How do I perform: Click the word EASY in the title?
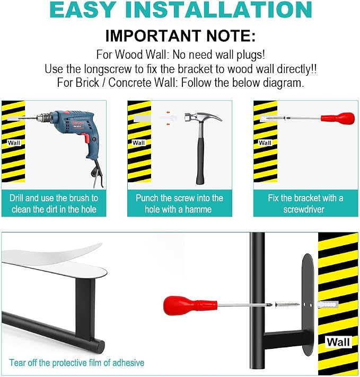tap(82, 10)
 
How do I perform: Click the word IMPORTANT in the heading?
tap(153, 36)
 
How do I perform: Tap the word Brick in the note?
tap(87, 83)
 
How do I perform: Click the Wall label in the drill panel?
tap(14, 143)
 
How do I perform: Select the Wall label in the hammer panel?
tap(139, 143)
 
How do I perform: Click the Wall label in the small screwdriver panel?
tap(265, 143)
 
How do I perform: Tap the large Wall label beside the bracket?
tap(338, 342)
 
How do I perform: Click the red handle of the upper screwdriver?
tap(338, 118)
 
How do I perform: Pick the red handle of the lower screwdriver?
tap(190, 304)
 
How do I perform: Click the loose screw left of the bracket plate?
tap(286, 305)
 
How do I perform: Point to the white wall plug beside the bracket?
tap(328, 305)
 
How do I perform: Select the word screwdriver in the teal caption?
tap(304, 209)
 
